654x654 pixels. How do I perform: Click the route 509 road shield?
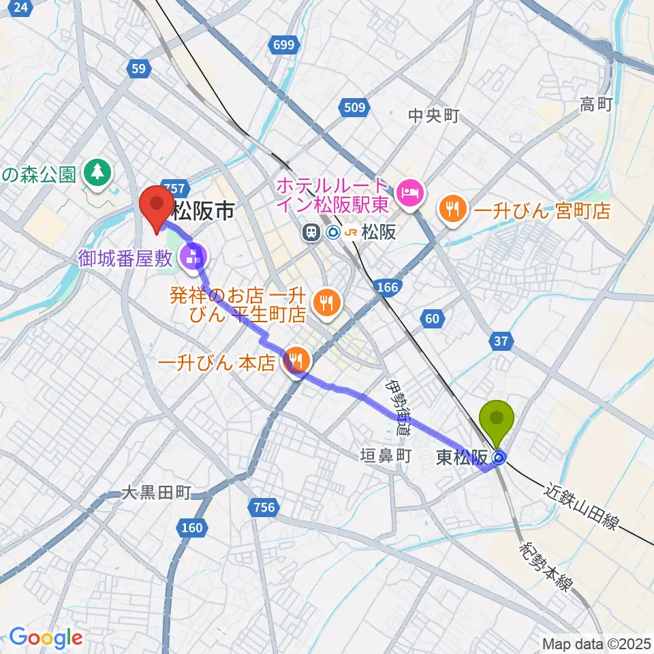(354, 107)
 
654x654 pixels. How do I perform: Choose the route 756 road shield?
(263, 507)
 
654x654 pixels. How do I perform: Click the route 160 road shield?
(191, 526)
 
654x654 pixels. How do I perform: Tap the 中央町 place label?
(434, 116)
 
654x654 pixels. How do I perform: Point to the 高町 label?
(596, 104)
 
